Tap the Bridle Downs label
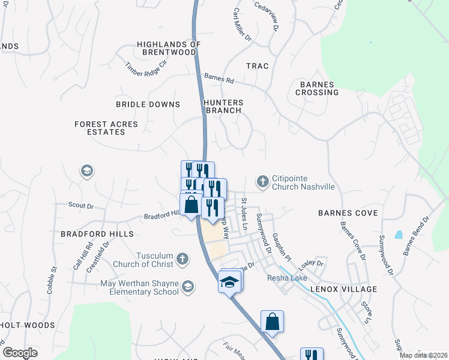[148, 104]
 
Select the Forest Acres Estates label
[106, 128]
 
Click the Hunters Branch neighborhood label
[223, 106]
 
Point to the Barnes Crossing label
[317, 89]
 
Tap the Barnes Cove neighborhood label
[348, 213]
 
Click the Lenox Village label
[344, 289]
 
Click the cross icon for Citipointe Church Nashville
[262, 181]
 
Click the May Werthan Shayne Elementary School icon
[188, 286]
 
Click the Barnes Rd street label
[218, 77]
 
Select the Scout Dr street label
[81, 206]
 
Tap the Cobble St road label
[50, 280]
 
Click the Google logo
[20, 352]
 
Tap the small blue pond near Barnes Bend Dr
[399, 234]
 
